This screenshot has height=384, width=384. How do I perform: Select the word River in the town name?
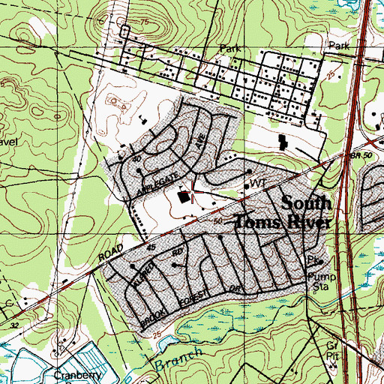click(307, 221)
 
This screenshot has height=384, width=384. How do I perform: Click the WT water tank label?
click(259, 183)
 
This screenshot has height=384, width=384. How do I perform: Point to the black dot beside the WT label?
click(247, 185)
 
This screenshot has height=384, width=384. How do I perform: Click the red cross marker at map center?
click(193, 194)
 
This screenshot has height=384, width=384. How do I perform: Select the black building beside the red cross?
click(184, 198)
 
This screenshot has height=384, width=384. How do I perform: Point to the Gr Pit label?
click(332, 349)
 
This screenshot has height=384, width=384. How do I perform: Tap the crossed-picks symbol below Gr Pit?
click(333, 367)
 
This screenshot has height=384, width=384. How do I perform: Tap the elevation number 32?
click(16, 326)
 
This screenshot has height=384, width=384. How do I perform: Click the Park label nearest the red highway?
click(340, 46)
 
